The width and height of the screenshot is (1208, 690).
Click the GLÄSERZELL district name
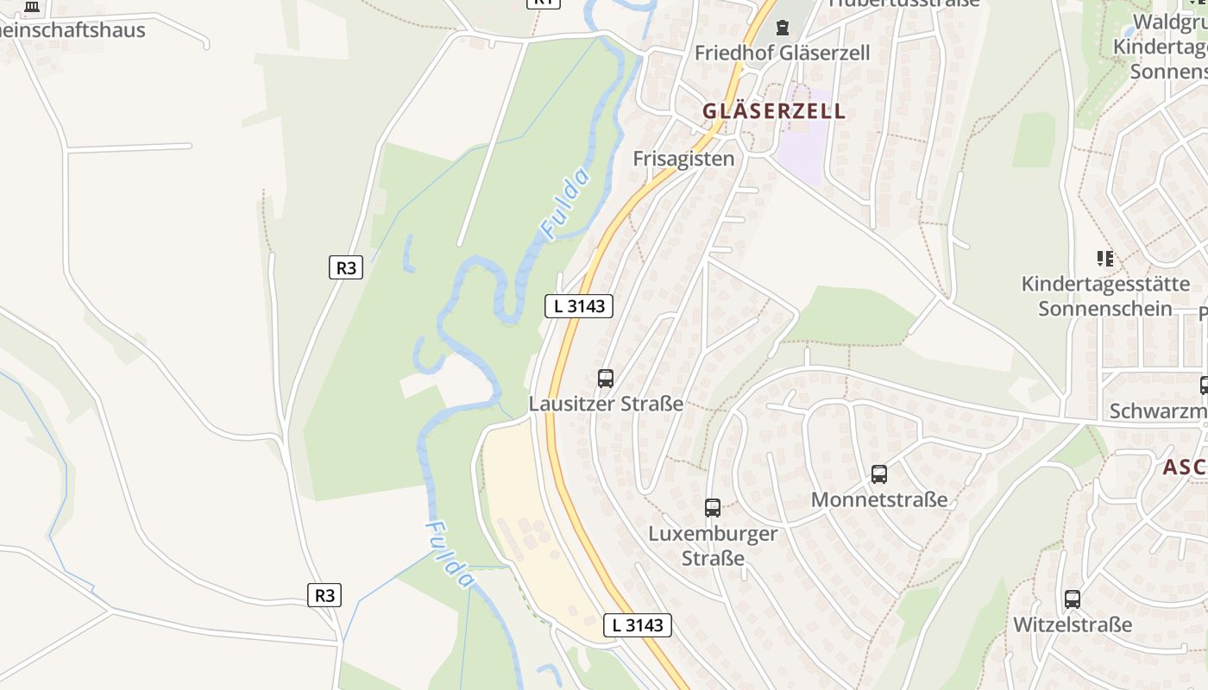[774, 111]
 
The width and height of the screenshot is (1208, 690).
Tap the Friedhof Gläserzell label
[782, 53]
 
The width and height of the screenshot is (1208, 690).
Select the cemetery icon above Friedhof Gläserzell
[783, 28]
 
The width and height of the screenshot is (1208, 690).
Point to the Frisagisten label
[683, 159]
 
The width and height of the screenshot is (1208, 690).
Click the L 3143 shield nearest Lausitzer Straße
[579, 305]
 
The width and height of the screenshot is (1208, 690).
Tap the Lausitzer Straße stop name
[606, 404]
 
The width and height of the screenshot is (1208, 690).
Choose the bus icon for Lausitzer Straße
[606, 378]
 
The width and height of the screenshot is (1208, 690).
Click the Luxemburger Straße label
[713, 545]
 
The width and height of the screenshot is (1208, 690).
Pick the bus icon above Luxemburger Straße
[713, 508]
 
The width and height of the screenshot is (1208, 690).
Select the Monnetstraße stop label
[879, 499]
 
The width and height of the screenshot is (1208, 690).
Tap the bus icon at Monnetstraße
[879, 474]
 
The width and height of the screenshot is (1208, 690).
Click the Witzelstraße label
[1073, 624]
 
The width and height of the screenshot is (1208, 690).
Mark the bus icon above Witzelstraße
[1073, 599]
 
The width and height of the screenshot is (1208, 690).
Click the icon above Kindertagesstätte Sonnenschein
[1105, 258]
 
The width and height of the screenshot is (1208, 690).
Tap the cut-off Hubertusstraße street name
[904, 3]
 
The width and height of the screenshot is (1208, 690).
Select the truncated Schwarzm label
[1158, 411]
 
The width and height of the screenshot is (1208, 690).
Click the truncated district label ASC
[1185, 467]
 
